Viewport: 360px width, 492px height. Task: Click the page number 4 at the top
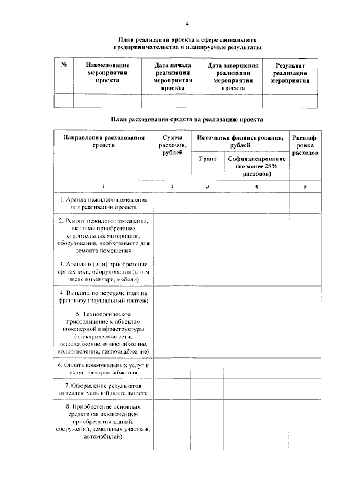[187, 23]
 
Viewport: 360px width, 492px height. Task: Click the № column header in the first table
[64, 66]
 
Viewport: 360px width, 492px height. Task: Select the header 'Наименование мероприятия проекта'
[107, 73]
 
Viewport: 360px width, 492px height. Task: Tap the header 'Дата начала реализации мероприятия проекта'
[172, 77]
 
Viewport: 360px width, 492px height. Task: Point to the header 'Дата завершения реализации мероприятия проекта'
[233, 77]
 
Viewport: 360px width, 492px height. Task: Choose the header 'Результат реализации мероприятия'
[290, 73]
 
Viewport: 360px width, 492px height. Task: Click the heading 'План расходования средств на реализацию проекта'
[187, 119]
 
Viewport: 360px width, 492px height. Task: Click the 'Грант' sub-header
[208, 159]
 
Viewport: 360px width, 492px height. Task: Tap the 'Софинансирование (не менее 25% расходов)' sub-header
[257, 167]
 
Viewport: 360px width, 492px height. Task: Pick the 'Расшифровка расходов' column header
[305, 145]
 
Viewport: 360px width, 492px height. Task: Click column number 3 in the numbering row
[208, 186]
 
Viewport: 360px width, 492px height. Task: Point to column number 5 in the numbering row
[305, 186]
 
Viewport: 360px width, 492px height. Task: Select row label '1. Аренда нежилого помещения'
[103, 203]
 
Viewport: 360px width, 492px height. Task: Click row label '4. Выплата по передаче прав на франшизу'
[103, 297]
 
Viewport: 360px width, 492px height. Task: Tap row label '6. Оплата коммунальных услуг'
[103, 368]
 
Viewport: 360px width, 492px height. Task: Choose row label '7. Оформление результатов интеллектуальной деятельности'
[103, 390]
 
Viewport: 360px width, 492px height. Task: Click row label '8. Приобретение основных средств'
[103, 421]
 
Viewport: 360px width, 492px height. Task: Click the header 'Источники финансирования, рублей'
[240, 141]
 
